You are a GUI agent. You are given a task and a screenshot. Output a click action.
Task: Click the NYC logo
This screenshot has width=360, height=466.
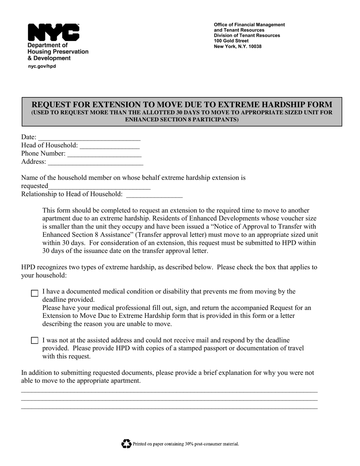pos(53,32)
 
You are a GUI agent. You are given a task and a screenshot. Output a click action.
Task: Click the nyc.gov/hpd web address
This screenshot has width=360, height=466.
pos(42,66)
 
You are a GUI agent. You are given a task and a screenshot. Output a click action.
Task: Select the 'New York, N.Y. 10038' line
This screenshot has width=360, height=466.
pos(238,47)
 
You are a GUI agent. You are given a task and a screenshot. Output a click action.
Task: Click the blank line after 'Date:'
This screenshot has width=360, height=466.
pos(89,138)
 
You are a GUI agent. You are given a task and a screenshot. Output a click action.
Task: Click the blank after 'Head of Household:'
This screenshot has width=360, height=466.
pos(110,147)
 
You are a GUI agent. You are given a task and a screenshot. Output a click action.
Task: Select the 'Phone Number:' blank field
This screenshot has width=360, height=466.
pos(104,155)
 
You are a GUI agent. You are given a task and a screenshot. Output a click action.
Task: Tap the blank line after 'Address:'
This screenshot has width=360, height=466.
pos(96,163)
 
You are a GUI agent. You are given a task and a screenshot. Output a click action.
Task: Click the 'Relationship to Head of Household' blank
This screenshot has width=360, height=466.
pos(154,196)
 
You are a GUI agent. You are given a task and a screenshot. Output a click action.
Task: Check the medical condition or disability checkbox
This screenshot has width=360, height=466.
pos(34,293)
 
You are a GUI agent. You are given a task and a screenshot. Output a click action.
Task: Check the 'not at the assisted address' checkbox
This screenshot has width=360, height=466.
pos(34,341)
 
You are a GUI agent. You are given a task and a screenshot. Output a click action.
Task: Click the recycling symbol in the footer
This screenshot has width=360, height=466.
pos(126,444)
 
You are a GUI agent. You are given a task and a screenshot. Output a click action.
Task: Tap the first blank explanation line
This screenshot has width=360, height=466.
pos(169,391)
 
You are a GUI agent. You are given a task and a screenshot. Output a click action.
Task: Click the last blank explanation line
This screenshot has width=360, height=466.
pos(169,408)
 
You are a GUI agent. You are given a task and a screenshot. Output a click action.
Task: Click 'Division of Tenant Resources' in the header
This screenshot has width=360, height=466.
pos(247,36)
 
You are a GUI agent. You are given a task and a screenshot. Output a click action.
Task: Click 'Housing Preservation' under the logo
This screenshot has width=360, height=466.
pos(58,52)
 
